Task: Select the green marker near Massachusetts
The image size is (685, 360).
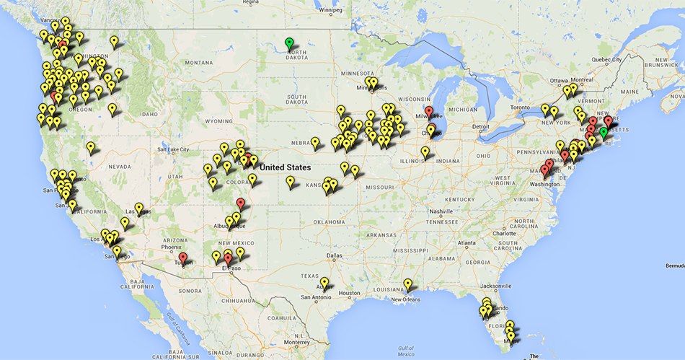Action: click(604, 133)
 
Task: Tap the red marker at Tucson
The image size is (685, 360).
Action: click(183, 258)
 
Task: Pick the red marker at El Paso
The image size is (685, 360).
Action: click(229, 259)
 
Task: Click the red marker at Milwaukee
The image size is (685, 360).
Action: click(429, 113)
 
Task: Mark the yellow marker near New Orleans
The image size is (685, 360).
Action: click(408, 285)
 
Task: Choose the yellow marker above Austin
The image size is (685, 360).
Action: click(324, 284)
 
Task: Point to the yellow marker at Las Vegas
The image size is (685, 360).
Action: click(139, 209)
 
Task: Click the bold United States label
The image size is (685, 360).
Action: click(286, 167)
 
